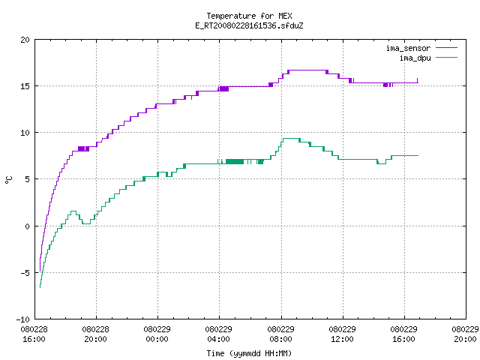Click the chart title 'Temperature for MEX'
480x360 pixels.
(x=249, y=16)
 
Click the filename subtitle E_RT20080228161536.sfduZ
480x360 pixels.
(x=249, y=25)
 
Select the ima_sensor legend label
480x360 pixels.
(x=408, y=48)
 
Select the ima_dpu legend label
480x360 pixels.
(x=415, y=58)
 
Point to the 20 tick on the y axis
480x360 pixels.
(x=25, y=40)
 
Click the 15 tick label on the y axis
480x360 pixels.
(x=25, y=86)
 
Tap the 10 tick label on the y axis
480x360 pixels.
(x=25, y=133)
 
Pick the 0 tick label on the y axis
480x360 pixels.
(x=28, y=226)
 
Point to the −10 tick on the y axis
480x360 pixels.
(x=23, y=319)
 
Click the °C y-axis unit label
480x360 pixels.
(x=8, y=180)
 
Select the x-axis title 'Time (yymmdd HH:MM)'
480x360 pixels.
(x=249, y=353)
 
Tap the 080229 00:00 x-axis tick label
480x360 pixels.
(x=157, y=334)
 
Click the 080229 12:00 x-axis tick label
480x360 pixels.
(x=342, y=334)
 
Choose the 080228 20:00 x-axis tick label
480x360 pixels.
(x=95, y=334)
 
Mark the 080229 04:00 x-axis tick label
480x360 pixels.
(x=218, y=334)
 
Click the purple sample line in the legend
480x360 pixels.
(x=446, y=48)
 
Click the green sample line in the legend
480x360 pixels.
(x=446, y=58)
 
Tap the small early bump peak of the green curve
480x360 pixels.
(x=73, y=211)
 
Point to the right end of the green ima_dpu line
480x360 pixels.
(x=418, y=156)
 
